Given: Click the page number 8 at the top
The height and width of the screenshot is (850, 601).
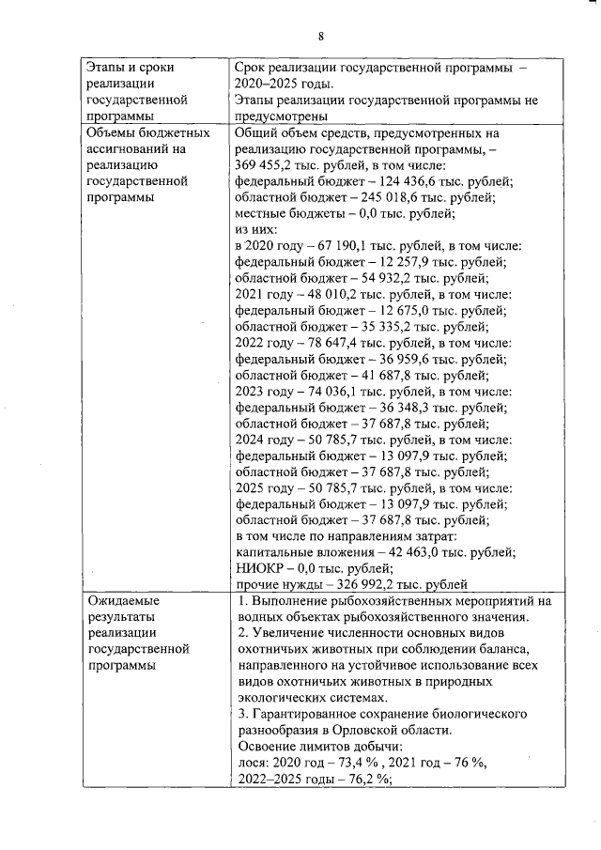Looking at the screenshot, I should [x=320, y=37].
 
